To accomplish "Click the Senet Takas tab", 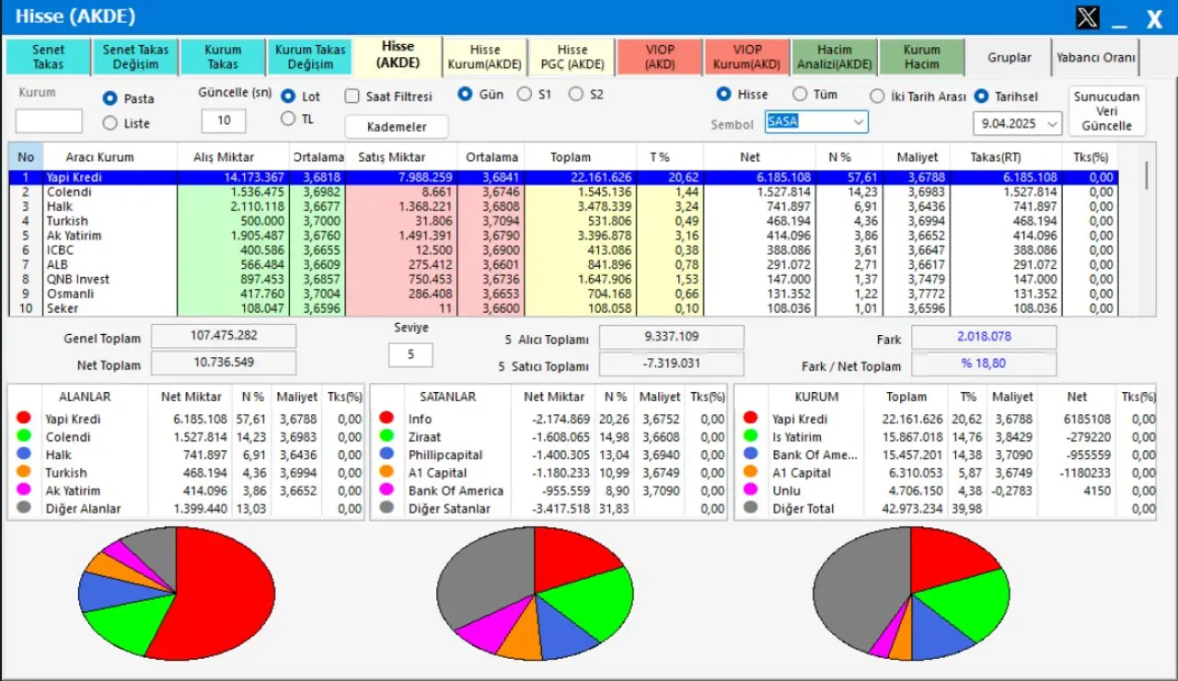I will click(48, 57).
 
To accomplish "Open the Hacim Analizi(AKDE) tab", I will click(833, 57).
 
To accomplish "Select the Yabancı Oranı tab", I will click(1095, 57).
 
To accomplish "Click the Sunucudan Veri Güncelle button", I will click(1107, 111).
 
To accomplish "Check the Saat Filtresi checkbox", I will click(352, 96).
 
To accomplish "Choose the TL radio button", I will click(288, 119).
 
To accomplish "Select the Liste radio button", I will click(110, 123).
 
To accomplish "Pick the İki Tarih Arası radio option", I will click(877, 96).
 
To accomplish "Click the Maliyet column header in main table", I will click(917, 157).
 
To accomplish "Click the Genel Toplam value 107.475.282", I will click(224, 336).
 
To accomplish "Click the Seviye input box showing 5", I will click(410, 354).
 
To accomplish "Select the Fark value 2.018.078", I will click(984, 337).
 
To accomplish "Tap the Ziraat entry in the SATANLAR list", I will click(424, 437).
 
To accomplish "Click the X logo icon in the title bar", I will click(1087, 17).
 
